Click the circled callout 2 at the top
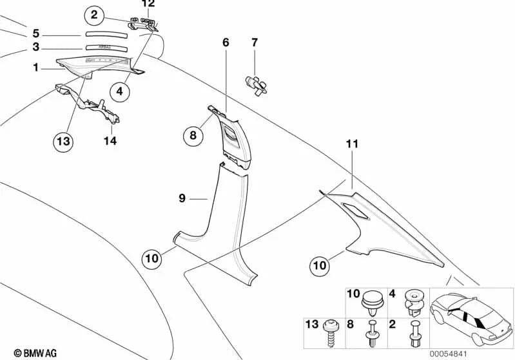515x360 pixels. pyautogui.click(x=94, y=14)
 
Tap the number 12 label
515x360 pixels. pyautogui.click(x=148, y=4)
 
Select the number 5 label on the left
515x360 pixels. pyautogui.click(x=36, y=33)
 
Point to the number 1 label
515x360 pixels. pyautogui.click(x=36, y=67)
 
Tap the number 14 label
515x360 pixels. pyautogui.click(x=110, y=140)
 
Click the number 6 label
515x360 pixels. pyautogui.click(x=226, y=43)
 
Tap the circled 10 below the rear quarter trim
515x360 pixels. pyautogui.click(x=320, y=263)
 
